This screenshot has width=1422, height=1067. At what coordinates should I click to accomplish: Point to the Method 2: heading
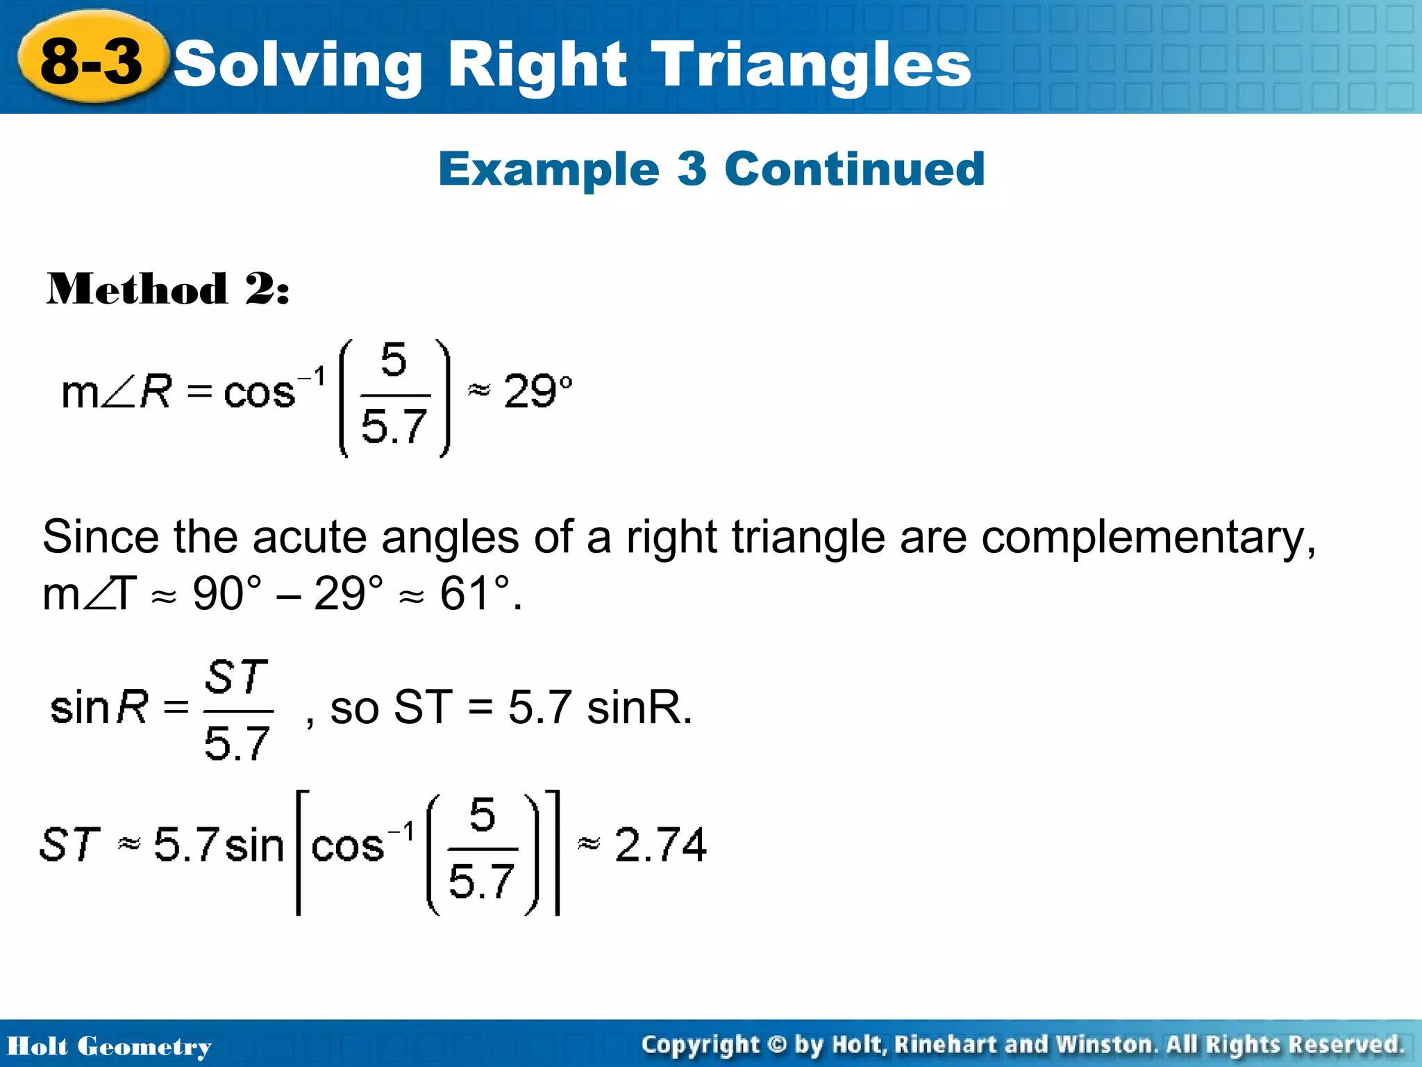167,289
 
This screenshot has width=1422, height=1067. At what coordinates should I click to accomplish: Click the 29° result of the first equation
536,390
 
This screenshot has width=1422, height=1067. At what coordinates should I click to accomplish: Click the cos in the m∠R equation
259,393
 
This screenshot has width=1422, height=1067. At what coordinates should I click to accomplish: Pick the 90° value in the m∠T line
226,594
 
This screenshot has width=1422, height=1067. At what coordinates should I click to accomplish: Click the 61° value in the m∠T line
475,594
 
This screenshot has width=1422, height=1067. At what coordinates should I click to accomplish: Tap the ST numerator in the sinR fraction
236,677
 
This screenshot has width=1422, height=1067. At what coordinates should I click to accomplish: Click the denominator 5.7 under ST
237,743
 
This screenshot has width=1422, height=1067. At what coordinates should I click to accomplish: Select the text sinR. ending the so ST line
639,708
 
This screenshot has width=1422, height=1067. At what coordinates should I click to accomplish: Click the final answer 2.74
660,845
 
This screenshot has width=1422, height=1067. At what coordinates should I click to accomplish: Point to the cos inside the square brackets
347,847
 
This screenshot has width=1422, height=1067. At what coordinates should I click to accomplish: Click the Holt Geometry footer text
109,1046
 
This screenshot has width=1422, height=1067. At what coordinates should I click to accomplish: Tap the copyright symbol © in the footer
778,1045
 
